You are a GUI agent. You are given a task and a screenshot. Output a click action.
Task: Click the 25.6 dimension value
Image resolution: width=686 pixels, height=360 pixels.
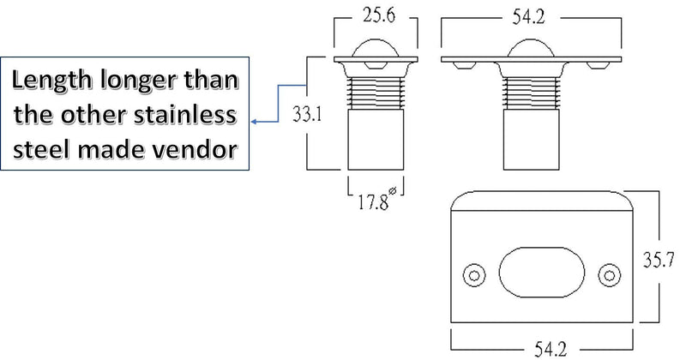pos(378,15)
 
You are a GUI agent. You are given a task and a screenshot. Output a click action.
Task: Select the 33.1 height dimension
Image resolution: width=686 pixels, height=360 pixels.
pos(307,115)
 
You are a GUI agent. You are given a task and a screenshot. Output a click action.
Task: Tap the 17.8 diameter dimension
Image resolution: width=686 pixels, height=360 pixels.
pos(373,202)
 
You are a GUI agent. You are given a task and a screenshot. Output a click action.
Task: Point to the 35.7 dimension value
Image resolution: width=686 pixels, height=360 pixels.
pos(658,260)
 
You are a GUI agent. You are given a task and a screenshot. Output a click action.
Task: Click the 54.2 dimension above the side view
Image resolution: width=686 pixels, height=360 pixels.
pos(528,17)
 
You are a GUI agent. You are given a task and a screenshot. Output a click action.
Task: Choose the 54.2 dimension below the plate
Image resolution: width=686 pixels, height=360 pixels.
pos(551,350)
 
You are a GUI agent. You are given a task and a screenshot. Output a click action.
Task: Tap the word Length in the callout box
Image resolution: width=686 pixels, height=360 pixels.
pos(52,81)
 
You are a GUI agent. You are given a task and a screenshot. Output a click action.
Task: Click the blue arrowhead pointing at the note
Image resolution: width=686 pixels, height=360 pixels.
pos(254,122)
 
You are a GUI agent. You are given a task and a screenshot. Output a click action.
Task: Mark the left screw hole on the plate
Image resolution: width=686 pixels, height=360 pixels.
pos(474,275)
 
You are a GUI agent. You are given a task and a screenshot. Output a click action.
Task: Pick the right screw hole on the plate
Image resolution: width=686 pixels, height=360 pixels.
pos(610,275)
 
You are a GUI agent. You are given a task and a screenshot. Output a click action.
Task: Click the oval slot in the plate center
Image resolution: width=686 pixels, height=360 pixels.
pos(542,273)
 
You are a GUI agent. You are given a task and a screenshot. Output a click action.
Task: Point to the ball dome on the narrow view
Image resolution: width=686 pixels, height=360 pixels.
pos(376,46)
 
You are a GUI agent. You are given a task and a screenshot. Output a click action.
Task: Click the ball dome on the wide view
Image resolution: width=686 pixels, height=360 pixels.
pos(530,46)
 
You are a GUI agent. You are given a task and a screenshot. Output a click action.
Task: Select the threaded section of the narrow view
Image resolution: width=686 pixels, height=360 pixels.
pos(376,93)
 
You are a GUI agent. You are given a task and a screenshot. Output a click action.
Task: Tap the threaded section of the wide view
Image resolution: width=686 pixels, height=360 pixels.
pos(531,93)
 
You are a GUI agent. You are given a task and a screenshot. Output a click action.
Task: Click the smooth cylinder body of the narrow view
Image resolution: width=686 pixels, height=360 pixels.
pos(376,139)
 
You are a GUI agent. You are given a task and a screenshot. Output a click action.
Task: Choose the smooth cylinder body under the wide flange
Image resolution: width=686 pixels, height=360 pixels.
pos(531,139)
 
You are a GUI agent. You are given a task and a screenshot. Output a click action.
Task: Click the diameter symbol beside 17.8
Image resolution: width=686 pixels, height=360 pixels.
pos(393,191)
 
